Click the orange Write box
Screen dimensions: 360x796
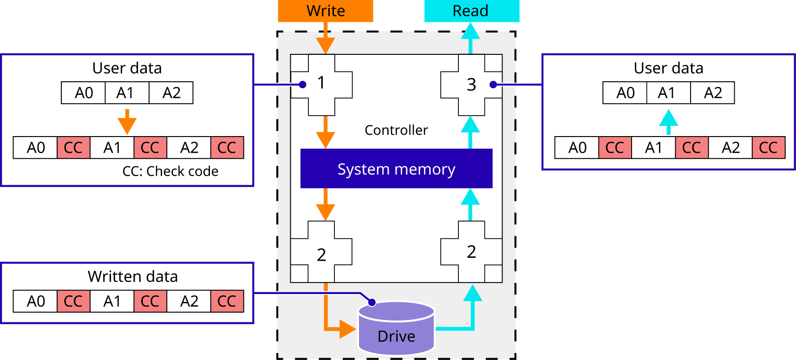pyautogui.click(x=325, y=11)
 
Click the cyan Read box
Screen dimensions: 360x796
pyautogui.click(x=471, y=11)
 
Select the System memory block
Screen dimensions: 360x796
pyautogui.click(x=396, y=169)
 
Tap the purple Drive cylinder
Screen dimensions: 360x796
pyautogui.click(x=396, y=330)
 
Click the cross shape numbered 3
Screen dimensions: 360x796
pyautogui.click(x=471, y=85)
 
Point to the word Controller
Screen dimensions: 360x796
pyautogui.click(x=396, y=130)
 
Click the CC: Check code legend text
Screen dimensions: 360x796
pyautogui.click(x=170, y=171)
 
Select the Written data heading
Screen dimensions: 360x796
pyautogui.click(x=133, y=276)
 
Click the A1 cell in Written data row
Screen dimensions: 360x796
pyautogui.click(x=112, y=301)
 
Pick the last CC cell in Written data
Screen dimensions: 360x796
pyautogui.click(x=227, y=301)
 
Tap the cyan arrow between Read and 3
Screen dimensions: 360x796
pyautogui.click(x=471, y=37)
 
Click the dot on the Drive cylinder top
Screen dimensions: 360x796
pyautogui.click(x=372, y=302)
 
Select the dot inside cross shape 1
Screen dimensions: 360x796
pyautogui.click(x=303, y=85)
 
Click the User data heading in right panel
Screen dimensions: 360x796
pyautogui.click(x=668, y=68)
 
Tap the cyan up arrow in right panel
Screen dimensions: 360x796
pyautogui.click(x=669, y=121)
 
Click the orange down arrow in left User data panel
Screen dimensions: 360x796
pyautogui.click(x=127, y=122)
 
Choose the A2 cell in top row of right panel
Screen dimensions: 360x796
pyautogui.click(x=712, y=93)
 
